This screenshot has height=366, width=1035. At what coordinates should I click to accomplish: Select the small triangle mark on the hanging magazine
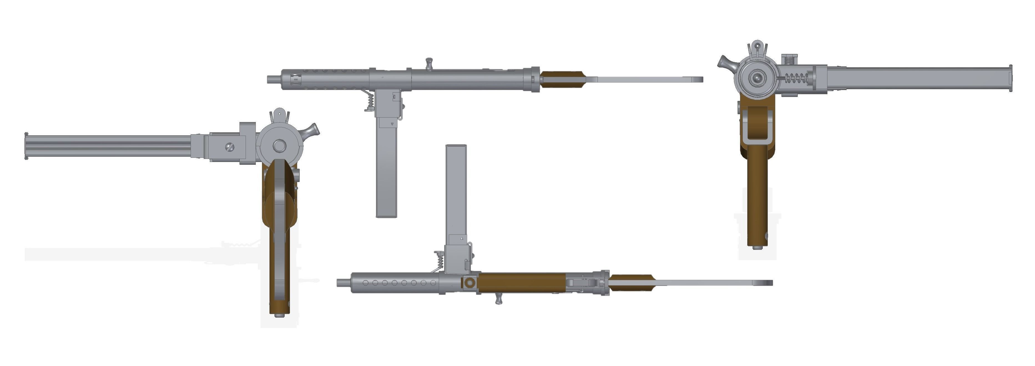pos(392,125)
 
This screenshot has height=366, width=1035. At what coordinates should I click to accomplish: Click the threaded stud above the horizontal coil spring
pos(789,59)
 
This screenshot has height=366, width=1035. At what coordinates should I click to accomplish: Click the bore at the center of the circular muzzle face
pos(758,78)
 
